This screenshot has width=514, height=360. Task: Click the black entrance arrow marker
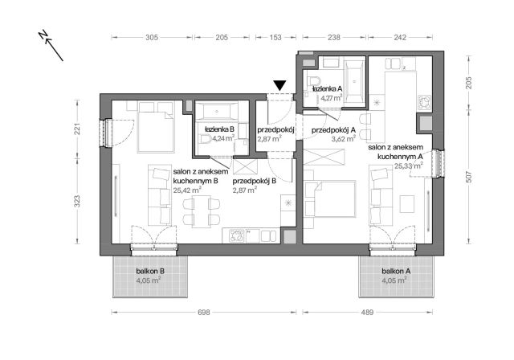coord(279,85)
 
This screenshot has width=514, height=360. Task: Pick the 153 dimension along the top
coord(276,37)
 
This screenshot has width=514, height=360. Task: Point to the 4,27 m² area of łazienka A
coord(331,98)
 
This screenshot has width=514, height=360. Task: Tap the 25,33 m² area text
coord(409,166)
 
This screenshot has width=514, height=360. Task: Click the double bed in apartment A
coord(332,196)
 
